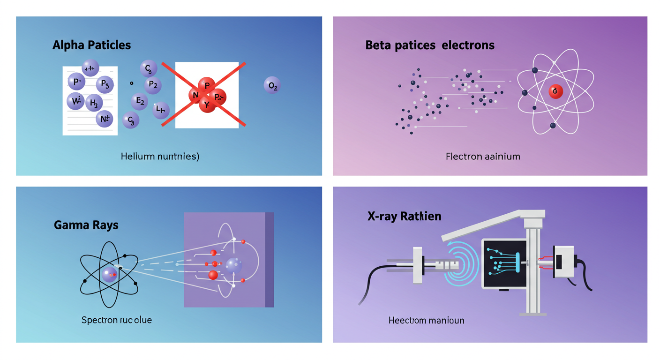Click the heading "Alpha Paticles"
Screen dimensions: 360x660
coord(91,45)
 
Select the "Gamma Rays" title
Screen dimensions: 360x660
coord(86,225)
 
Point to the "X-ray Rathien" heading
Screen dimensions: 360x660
coord(404,216)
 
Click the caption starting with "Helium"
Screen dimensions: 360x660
coord(159,157)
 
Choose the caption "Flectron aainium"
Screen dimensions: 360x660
coord(483,156)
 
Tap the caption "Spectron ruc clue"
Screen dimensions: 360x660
coord(116,320)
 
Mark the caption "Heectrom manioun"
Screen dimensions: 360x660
coord(426,321)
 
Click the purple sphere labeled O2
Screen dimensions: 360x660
coord(271,85)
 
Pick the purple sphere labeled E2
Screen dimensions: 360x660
coord(139,101)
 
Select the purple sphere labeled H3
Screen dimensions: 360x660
coord(94,103)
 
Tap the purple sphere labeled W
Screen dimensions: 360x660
coord(75,100)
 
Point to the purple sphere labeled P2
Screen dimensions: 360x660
coord(153,85)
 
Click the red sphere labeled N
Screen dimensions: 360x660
coord(195,95)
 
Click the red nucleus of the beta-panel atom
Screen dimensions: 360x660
coord(555,91)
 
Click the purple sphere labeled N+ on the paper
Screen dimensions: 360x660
coord(104,119)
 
